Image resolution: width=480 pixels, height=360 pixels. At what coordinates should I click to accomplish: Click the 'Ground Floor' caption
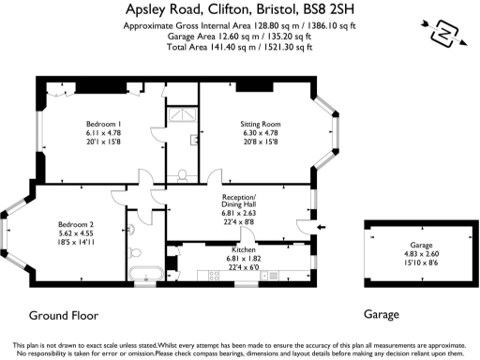[64, 315]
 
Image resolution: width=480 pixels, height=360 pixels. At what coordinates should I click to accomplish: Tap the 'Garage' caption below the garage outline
[382, 315]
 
